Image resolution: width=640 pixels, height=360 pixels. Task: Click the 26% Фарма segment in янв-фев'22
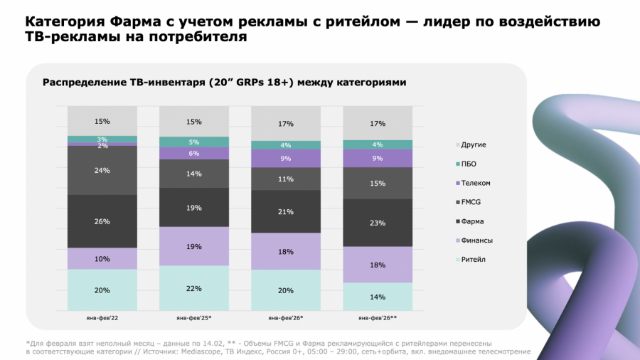click(102, 221)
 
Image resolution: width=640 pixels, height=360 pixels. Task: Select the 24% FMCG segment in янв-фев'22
click(102, 170)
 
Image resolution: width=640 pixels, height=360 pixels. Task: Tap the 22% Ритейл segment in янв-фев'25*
click(194, 288)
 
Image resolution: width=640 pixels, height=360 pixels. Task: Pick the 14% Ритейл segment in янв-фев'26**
click(378, 297)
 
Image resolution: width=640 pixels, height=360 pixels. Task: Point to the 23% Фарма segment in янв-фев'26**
click(378, 223)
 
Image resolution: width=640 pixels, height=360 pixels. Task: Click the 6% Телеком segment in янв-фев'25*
click(194, 153)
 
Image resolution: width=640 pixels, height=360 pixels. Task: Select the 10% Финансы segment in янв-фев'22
click(102, 259)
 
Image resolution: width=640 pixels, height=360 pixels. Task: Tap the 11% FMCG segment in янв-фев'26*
click(286, 179)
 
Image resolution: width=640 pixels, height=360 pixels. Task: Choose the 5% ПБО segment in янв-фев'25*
click(194, 142)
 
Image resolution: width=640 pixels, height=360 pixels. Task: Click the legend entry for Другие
click(474, 145)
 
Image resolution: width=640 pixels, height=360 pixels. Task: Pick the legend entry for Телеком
click(475, 184)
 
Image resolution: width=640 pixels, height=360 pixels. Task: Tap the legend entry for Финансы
click(476, 240)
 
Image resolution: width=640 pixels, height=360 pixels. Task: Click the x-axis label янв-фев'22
click(102, 317)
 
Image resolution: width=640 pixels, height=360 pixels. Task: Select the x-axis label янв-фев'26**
click(378, 317)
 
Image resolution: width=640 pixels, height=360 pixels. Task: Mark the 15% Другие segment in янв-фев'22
click(102, 121)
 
